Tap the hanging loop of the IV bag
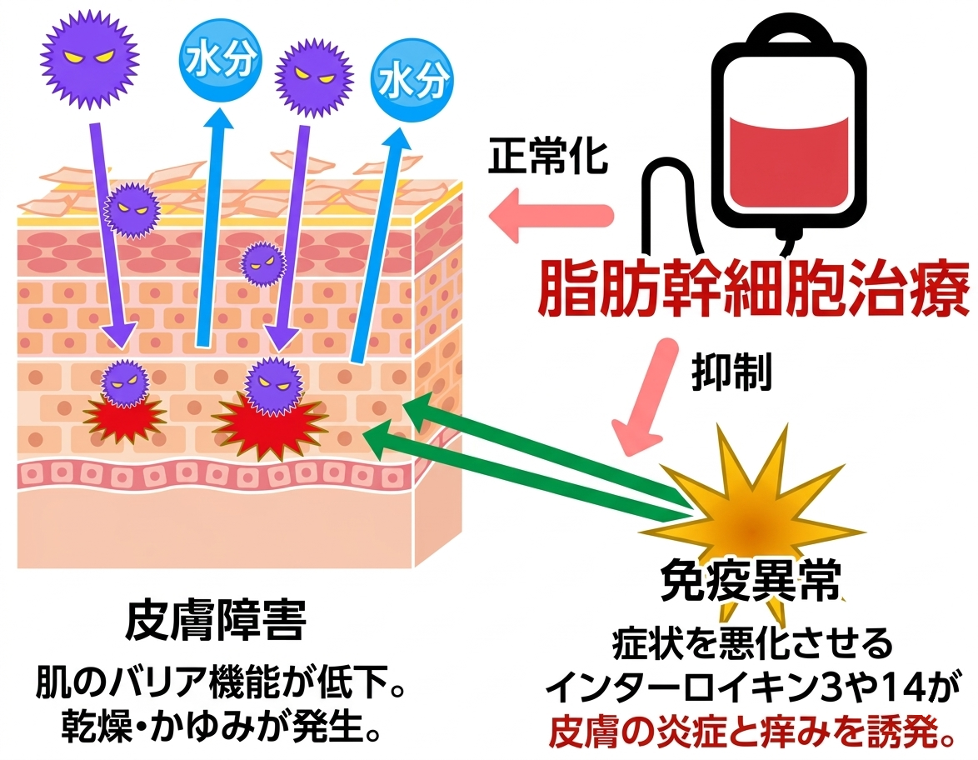(788, 30)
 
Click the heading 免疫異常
(749, 581)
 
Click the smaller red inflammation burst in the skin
(125, 416)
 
